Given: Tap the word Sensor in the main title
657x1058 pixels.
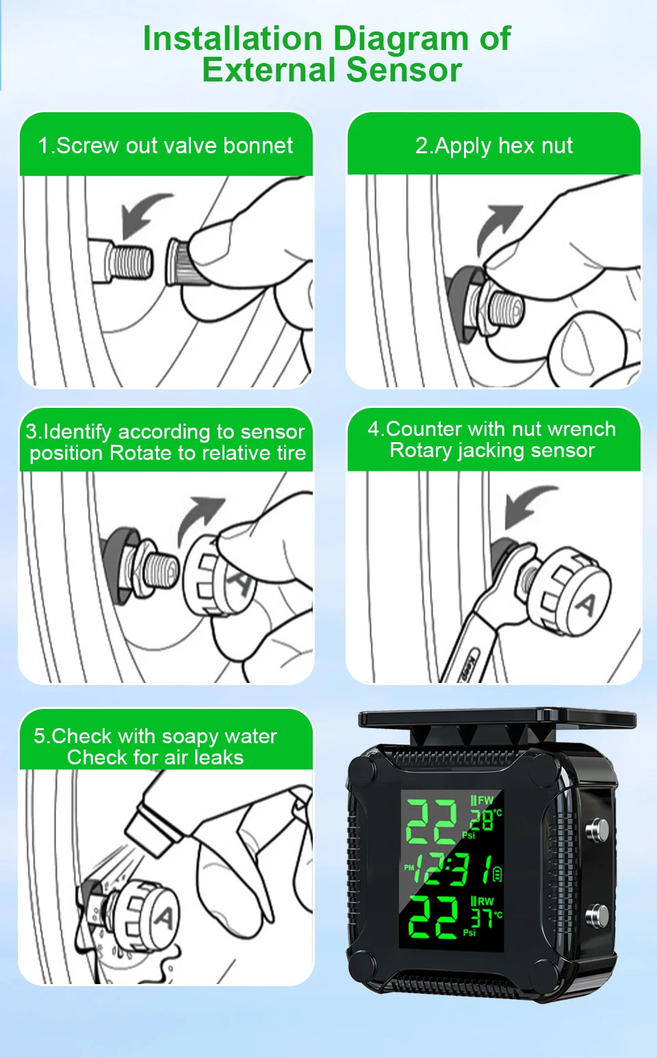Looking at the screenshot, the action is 404,70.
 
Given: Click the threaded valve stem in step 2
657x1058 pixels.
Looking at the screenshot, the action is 505,309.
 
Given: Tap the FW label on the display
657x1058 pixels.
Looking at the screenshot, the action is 485,800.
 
